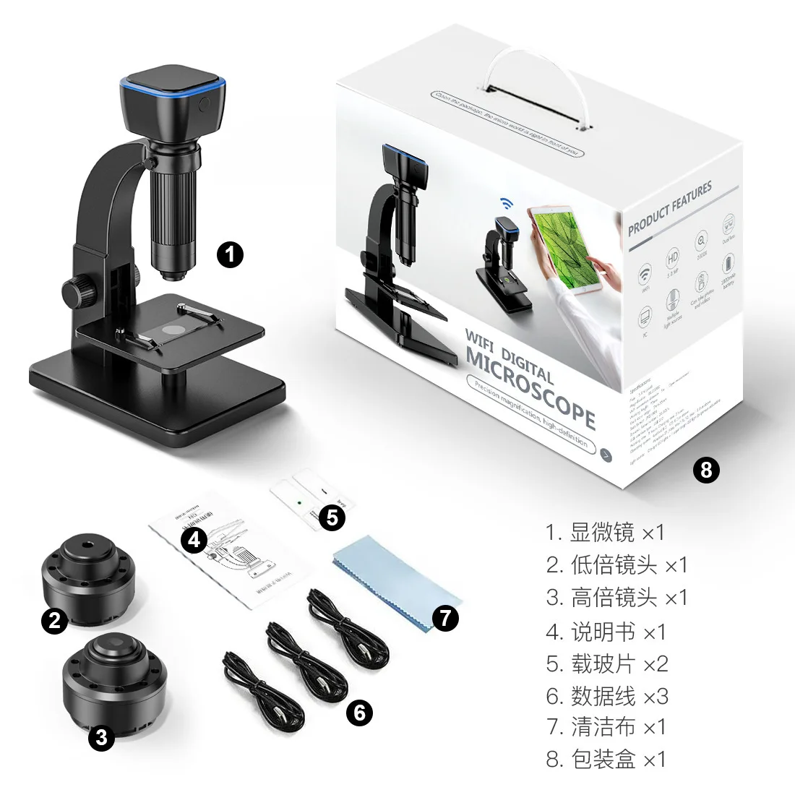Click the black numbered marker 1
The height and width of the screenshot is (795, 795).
pos(231,254)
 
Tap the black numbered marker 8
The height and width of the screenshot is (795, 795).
pos(706,470)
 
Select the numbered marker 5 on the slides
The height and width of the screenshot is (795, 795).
pos(332,517)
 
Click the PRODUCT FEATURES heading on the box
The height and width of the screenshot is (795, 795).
pos(670,207)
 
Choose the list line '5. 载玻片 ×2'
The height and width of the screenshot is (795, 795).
pos(607,663)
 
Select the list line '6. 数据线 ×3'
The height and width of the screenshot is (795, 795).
pos(607,696)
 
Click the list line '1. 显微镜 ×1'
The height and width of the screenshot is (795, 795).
pos(605,533)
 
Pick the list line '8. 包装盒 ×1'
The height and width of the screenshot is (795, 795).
pos(606,759)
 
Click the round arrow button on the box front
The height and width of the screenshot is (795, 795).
pos(606,455)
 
